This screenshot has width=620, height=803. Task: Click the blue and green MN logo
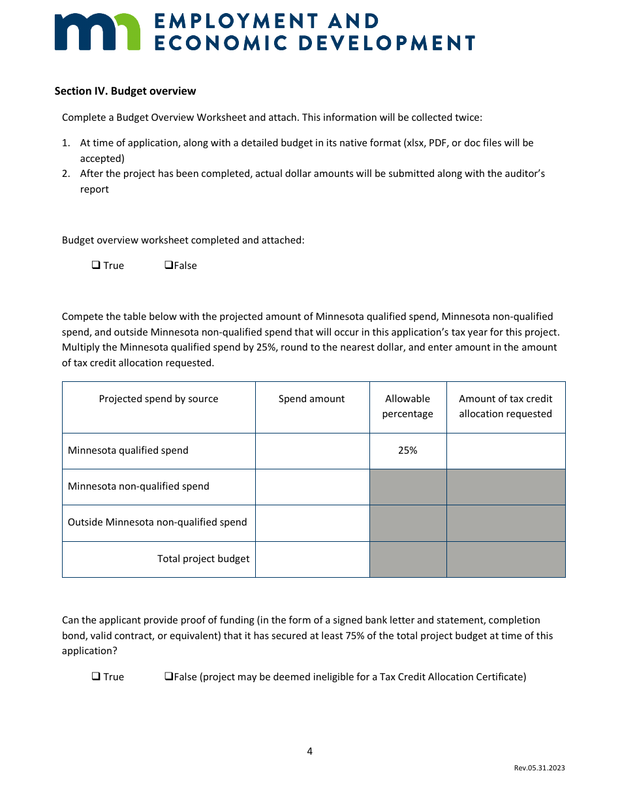coord(97,32)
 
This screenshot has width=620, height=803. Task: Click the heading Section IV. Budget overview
coord(125,91)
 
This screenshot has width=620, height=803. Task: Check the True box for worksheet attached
coord(96,265)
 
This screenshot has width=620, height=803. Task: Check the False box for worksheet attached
coord(168,265)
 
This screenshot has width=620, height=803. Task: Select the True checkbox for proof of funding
coord(96,676)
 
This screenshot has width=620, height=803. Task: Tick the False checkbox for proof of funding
coord(168,676)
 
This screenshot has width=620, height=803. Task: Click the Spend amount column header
coord(311,399)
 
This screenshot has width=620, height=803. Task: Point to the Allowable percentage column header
coord(407,406)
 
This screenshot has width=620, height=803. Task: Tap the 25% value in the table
coord(407,450)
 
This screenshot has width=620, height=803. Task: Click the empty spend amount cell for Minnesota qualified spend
coord(312,451)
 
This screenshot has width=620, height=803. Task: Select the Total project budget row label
coord(203,559)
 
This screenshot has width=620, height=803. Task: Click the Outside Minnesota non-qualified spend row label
coord(157,522)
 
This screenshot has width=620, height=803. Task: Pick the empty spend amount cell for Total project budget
coord(312,559)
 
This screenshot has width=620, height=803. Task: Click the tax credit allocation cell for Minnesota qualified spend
coord(506,451)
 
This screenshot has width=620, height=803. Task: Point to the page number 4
coord(310,751)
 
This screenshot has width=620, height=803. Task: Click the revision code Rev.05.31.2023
coord(539,768)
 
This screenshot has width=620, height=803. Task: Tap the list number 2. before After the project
coord(66,174)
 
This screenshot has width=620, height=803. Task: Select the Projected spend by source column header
coord(159,399)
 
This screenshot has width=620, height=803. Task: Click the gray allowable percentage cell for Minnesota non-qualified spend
coord(408,487)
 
